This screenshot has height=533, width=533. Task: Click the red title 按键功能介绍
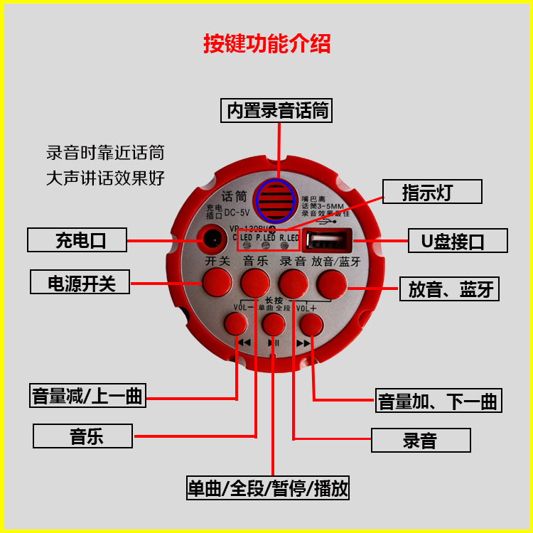point(266,44)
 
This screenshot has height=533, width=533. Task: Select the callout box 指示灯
point(431,192)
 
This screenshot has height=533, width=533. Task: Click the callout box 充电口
point(77,240)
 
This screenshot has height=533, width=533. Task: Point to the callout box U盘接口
point(458,241)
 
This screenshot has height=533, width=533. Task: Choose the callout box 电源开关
point(81,283)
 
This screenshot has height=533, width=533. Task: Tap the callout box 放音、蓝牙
point(450,289)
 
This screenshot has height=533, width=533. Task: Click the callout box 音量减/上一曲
point(87,395)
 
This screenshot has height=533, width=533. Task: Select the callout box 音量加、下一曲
point(438,400)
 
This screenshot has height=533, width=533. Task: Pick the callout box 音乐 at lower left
point(82,436)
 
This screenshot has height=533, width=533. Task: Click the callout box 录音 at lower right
point(420,441)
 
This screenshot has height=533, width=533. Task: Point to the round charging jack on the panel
point(212,239)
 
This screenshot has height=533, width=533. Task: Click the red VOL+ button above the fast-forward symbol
point(311,324)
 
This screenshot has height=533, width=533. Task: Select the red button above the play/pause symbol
point(273,325)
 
